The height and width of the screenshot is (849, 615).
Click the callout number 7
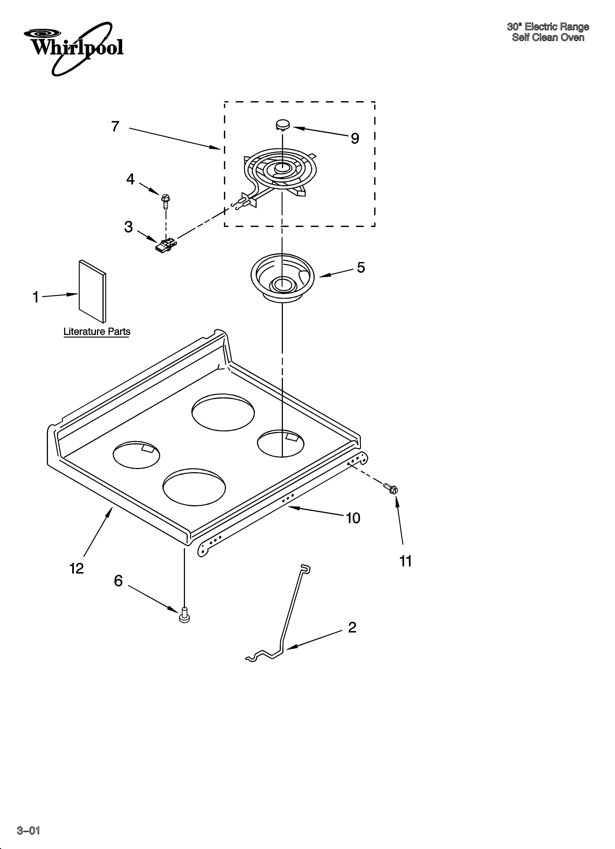[115, 127]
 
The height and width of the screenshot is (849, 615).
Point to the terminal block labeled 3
[166, 245]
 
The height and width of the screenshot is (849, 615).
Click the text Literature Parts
[97, 332]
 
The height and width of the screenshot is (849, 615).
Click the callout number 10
[353, 518]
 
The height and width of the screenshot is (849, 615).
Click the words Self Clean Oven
[548, 37]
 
